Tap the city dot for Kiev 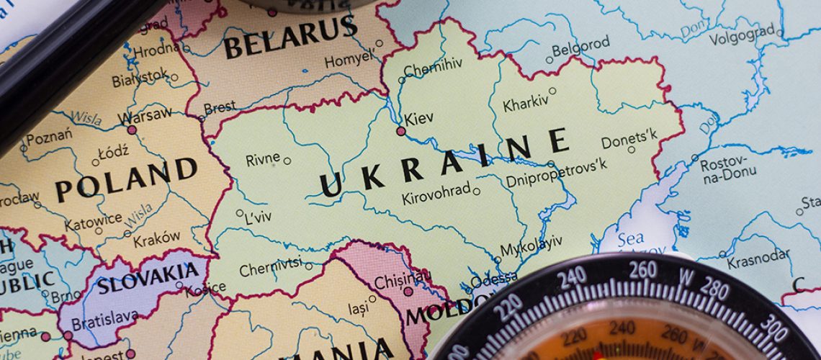(401, 131)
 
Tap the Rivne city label (263, 159)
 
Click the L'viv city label (257, 217)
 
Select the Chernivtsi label (270, 270)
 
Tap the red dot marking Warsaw (131, 130)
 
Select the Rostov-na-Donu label (724, 170)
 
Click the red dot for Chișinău (408, 292)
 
